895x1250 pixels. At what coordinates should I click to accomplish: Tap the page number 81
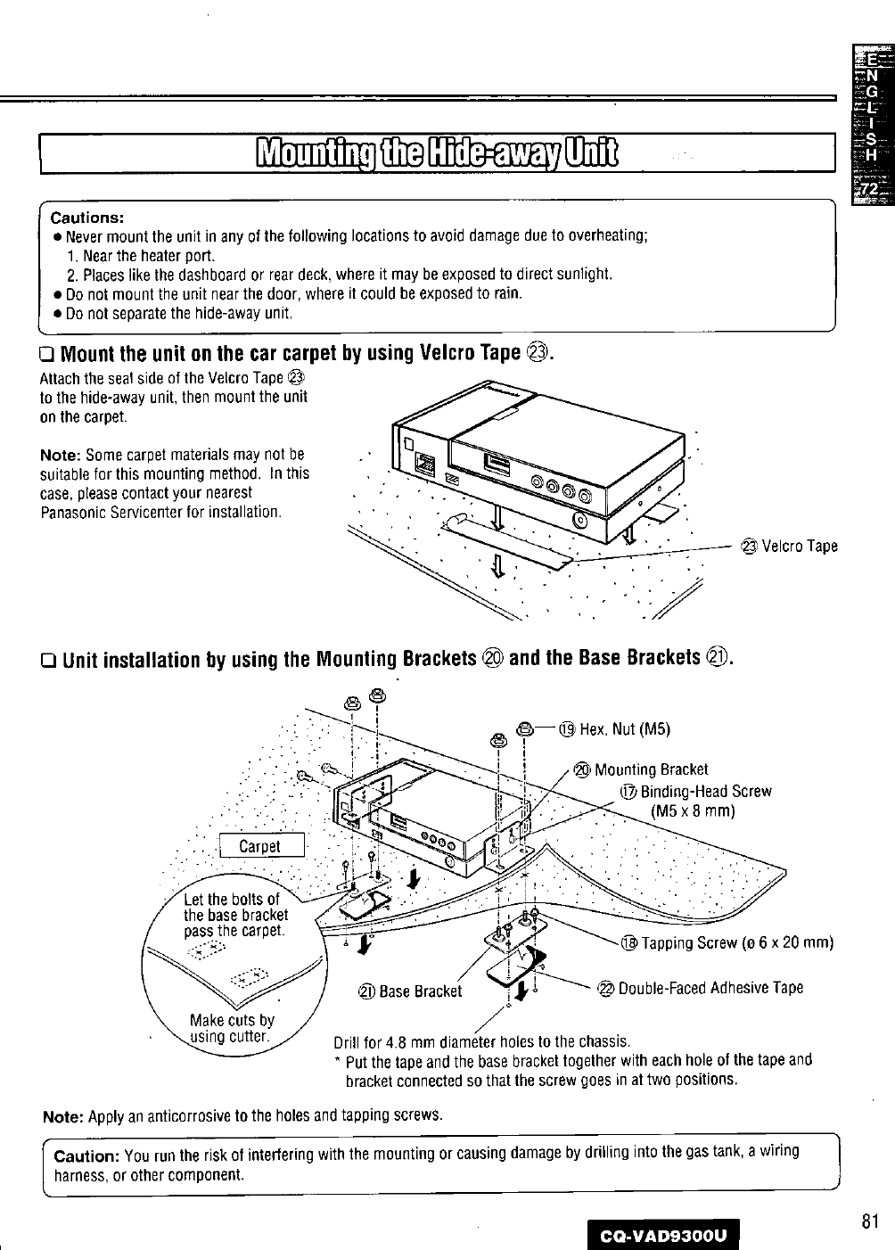[871, 1221]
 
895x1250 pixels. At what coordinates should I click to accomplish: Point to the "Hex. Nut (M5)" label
[624, 728]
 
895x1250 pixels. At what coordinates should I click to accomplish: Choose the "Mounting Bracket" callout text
[651, 769]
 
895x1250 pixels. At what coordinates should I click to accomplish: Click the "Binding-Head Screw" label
[704, 791]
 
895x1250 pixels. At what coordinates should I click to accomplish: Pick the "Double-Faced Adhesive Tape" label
[710, 987]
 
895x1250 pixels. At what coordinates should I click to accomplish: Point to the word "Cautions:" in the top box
[86, 217]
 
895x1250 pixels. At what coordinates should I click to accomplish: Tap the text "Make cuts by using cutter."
[232, 1028]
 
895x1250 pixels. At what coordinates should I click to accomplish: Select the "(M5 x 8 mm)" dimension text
[693, 810]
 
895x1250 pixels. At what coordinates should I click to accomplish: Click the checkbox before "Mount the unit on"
[49, 354]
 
